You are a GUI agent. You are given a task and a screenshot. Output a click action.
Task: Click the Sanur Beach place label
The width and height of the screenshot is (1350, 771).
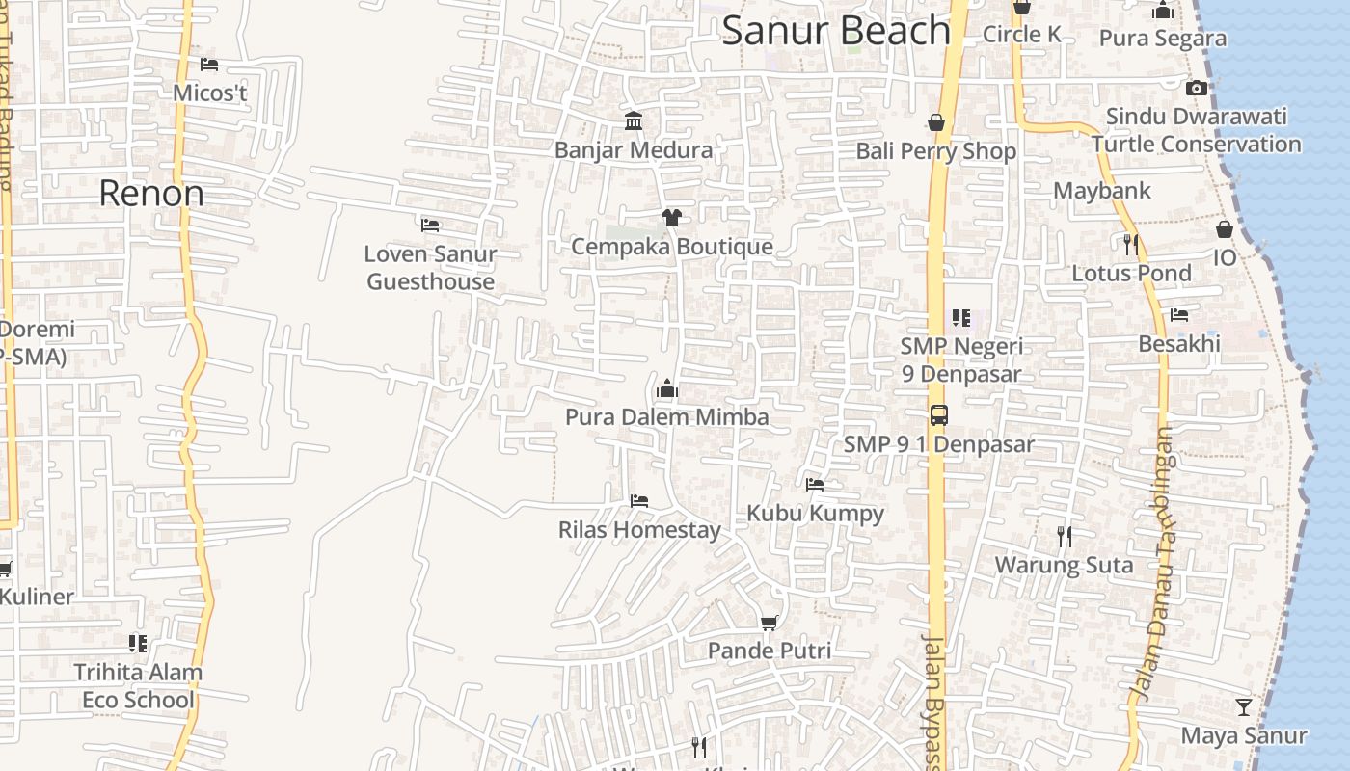point(836,31)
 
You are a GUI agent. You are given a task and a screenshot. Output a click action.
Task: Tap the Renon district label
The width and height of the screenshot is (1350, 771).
point(151,194)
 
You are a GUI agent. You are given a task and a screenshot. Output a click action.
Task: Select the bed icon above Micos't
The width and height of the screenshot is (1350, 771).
point(209,65)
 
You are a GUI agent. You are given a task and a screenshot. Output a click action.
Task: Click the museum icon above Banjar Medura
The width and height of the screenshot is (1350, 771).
point(634,121)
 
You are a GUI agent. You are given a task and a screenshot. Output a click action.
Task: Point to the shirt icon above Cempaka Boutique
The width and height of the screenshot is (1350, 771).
point(671,218)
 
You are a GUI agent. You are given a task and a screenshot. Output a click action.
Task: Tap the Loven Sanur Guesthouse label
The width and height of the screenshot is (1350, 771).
point(430,268)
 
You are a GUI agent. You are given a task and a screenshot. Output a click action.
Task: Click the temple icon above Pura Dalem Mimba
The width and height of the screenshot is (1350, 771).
point(666,389)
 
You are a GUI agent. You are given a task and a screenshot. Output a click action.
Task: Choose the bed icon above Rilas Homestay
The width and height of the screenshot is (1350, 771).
point(638,501)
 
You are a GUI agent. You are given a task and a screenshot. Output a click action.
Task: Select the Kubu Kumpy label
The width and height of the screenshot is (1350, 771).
point(815,513)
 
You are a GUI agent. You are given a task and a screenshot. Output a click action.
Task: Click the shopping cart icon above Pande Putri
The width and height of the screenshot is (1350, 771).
point(769,623)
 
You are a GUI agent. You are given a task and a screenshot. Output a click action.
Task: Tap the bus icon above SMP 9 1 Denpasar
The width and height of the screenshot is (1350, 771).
point(938,415)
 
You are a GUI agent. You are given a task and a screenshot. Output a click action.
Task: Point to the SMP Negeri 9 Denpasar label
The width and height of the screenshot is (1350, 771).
point(961,359)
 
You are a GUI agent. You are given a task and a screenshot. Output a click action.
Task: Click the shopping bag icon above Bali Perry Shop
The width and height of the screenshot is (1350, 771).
point(935,122)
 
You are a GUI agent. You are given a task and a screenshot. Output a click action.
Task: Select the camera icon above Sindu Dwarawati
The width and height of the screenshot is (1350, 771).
point(1196,88)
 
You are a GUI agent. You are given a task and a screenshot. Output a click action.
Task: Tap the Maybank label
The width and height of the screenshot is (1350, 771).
point(1101,190)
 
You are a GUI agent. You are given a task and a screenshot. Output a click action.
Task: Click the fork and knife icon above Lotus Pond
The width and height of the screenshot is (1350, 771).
point(1131,245)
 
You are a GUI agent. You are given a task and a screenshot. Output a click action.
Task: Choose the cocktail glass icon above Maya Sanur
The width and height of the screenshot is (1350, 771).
point(1244,707)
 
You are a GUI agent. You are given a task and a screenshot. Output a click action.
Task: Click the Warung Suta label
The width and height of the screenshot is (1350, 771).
point(1064,565)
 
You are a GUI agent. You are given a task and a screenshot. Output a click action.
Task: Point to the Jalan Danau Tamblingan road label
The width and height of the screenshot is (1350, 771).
point(1153,563)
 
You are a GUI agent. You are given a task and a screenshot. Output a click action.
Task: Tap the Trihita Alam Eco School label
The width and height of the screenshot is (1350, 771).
point(138,686)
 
